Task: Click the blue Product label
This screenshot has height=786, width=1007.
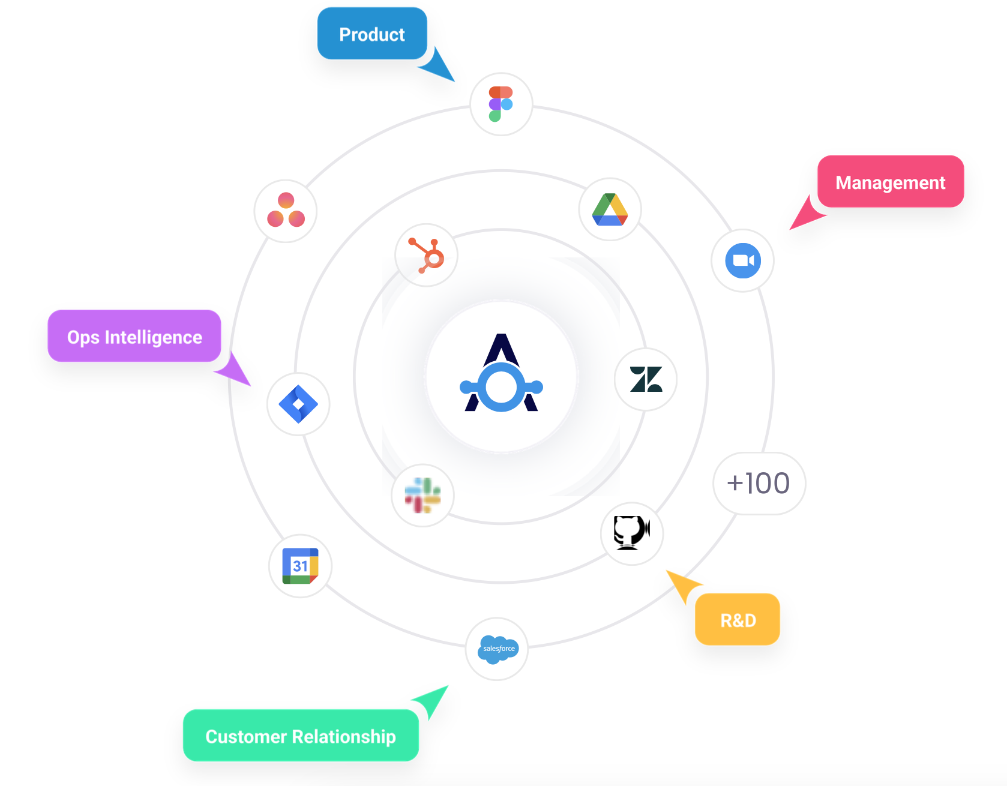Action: pyautogui.click(x=372, y=34)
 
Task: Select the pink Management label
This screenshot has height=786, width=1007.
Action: pyautogui.click(x=891, y=182)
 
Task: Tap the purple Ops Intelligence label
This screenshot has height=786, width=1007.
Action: pyautogui.click(x=134, y=336)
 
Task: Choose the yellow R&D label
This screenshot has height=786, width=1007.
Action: pyautogui.click(x=738, y=619)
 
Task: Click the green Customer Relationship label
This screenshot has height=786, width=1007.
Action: pyautogui.click(x=301, y=736)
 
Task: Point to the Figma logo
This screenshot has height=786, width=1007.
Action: pyautogui.click(x=501, y=104)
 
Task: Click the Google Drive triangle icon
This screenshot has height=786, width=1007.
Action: pyautogui.click(x=610, y=209)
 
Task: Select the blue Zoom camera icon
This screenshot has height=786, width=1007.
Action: pyautogui.click(x=743, y=260)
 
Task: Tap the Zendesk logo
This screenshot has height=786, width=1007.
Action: pyautogui.click(x=646, y=379)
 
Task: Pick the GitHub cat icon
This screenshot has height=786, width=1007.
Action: pyautogui.click(x=631, y=533)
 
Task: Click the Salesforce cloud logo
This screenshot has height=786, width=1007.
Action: pyautogui.click(x=497, y=649)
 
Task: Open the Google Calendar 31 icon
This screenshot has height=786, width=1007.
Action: pyautogui.click(x=300, y=566)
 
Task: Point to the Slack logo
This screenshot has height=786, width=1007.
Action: pyautogui.click(x=422, y=496)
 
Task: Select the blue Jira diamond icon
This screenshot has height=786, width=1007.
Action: pyautogui.click(x=298, y=404)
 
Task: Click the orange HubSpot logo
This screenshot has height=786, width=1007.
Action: pyautogui.click(x=427, y=256)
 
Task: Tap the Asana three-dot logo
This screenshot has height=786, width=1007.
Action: pyautogui.click(x=286, y=210)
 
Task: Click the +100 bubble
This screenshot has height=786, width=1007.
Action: pyautogui.click(x=759, y=483)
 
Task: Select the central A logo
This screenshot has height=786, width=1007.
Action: pyautogui.click(x=501, y=373)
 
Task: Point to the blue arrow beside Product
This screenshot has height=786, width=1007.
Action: pyautogui.click(x=438, y=65)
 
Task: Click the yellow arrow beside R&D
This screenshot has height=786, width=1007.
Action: pyautogui.click(x=683, y=586)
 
